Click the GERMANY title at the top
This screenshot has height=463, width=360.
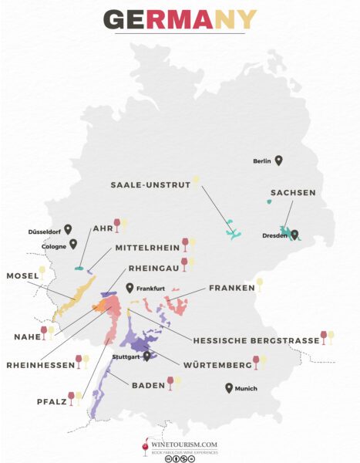tap(180, 19)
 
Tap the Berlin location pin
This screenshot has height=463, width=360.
tap(279, 161)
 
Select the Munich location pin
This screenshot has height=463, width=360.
tap(229, 388)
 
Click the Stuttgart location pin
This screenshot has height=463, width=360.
tap(146, 357)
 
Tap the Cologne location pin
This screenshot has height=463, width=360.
tap(73, 245)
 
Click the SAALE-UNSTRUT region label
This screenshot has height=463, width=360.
tap(150, 184)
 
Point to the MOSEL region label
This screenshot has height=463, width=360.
tap(22, 275)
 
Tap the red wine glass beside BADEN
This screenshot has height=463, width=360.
tap(170, 383)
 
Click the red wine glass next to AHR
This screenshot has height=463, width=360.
tap(117, 225)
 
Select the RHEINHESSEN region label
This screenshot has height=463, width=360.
tap(38, 363)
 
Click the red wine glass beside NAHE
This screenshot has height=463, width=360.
tap(44, 333)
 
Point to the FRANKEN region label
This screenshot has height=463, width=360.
tap(231, 288)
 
